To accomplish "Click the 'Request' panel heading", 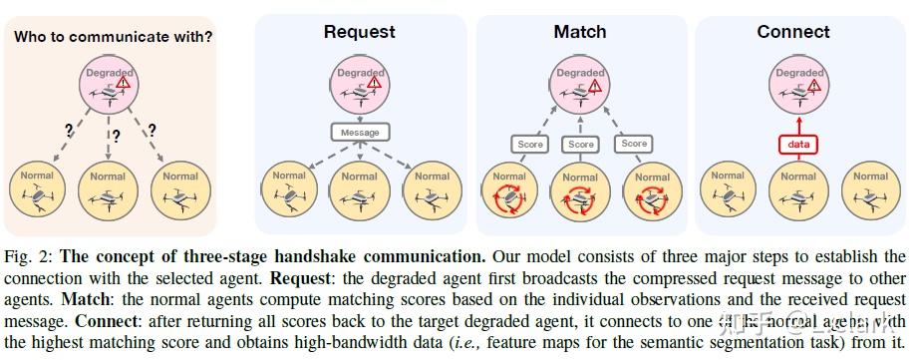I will click(x=360, y=32).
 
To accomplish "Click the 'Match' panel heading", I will click(x=579, y=32).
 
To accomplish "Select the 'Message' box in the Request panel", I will click(x=360, y=131).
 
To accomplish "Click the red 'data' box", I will click(x=798, y=145).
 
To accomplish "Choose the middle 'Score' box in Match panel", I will click(x=580, y=145).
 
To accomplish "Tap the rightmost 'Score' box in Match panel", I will click(x=634, y=144).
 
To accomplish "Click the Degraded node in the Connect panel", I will click(x=798, y=86).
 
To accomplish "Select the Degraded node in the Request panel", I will click(x=360, y=86).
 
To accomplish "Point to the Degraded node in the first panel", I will click(x=109, y=87).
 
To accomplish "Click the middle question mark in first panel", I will click(x=116, y=137).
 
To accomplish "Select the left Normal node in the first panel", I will click(x=38, y=191).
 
